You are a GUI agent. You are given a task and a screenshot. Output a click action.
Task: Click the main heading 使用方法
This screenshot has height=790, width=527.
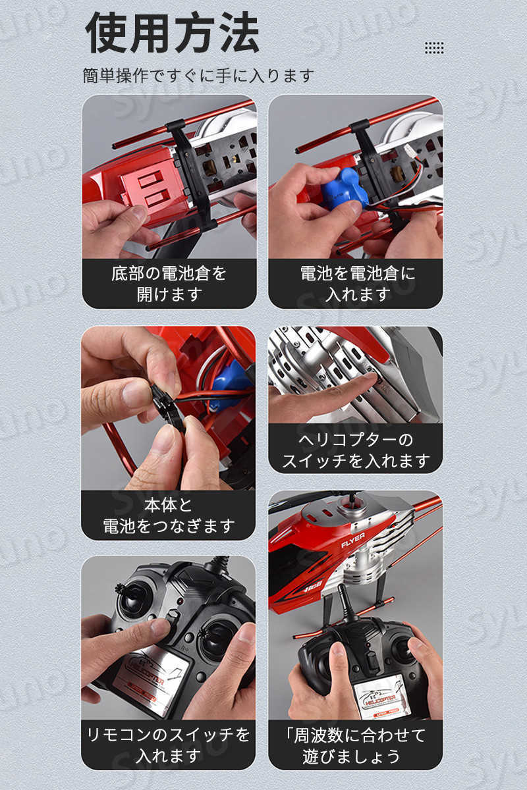click(x=173, y=32)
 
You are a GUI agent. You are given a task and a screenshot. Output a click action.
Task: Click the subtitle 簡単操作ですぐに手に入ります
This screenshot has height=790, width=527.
click(x=198, y=76)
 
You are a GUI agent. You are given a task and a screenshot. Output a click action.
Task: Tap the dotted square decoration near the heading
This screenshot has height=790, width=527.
click(x=434, y=47)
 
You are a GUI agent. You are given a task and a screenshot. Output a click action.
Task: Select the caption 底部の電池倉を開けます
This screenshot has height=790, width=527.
click(x=169, y=284)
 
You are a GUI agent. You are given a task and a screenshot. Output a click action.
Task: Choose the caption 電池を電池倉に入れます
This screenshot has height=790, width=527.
click(x=357, y=284)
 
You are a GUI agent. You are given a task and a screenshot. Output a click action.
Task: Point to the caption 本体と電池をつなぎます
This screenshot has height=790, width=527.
click(x=169, y=515)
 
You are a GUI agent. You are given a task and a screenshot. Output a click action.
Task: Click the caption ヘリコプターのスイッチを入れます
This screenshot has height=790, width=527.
click(x=356, y=450)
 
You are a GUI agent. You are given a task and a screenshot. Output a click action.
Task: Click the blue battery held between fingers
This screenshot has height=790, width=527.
click(x=344, y=189)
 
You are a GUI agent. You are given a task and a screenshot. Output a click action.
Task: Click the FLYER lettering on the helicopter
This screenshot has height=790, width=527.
click(x=353, y=540)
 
